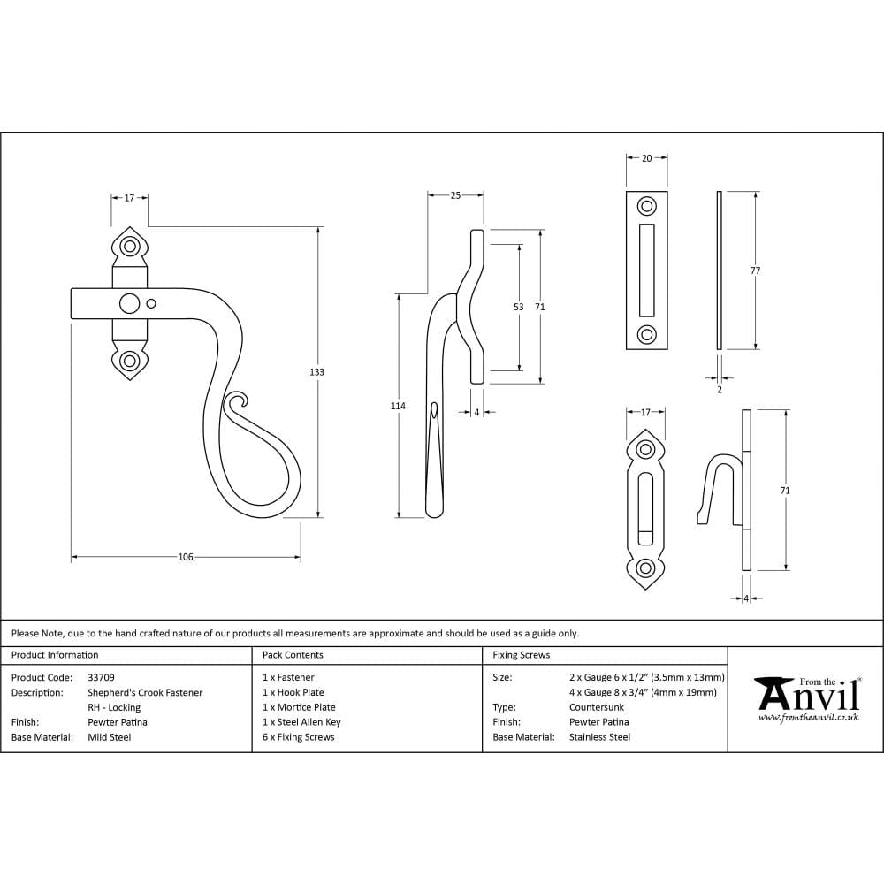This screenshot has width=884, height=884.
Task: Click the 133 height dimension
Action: [316, 372]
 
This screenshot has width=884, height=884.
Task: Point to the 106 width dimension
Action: [186, 557]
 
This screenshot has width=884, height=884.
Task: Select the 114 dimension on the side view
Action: [398, 406]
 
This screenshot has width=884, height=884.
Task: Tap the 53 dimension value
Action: [518, 308]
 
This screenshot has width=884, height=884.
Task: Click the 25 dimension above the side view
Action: [455, 195]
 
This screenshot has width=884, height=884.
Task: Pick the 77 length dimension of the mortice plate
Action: [755, 271]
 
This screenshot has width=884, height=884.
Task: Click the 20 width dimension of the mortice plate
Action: [646, 158]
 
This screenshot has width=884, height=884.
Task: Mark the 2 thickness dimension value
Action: [719, 389]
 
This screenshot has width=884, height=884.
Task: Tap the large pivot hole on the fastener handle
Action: [129, 304]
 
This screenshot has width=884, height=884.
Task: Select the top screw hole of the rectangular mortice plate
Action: [647, 207]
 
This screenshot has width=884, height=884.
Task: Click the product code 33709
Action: [102, 677]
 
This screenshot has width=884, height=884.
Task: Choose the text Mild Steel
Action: [110, 736]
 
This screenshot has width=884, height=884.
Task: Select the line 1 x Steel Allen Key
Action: [301, 721]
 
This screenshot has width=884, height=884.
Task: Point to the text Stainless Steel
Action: [599, 736]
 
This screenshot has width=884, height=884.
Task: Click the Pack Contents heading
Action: [293, 655]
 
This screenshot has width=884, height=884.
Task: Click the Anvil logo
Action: [805, 695]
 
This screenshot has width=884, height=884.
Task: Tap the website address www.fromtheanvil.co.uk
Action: [808, 718]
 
